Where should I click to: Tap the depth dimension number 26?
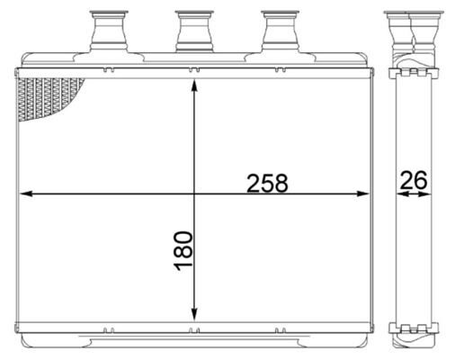click(x=413, y=180)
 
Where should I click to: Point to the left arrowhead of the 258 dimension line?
click(x=25, y=193)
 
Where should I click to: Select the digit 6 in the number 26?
click(x=420, y=180)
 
